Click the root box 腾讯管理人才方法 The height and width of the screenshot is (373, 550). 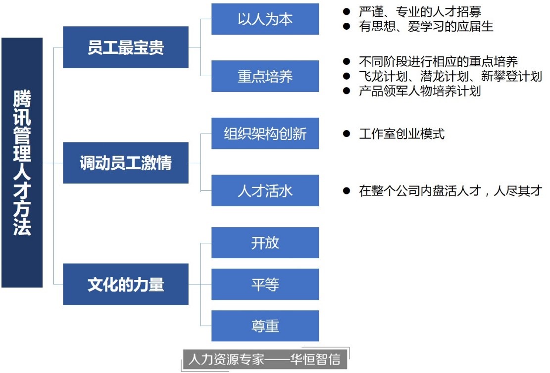click(22, 163)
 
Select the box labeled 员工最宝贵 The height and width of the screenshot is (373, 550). click(126, 47)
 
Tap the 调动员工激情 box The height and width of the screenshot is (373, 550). click(126, 163)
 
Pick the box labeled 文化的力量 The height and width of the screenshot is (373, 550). click(126, 284)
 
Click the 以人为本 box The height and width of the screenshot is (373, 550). click(265, 19)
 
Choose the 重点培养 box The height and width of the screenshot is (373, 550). click(265, 76)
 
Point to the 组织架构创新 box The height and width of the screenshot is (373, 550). click(265, 134)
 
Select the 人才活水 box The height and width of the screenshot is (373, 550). click(265, 190)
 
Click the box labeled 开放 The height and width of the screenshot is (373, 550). click(265, 242)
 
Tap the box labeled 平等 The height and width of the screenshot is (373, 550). click(265, 284)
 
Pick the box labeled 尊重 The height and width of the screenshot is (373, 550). click(265, 326)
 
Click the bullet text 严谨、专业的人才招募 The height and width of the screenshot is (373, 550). click(420, 11)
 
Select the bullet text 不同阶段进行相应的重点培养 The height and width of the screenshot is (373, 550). click(438, 62)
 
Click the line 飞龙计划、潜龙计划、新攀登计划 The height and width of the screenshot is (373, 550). click(450, 76)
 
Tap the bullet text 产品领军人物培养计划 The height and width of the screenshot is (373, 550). click(420, 91)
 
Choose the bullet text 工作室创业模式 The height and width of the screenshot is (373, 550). click(401, 134)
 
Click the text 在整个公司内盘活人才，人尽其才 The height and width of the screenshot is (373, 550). click(450, 191)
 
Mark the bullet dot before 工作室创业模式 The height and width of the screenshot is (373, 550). click(347, 134)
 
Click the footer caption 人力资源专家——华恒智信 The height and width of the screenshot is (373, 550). click(264, 359)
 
